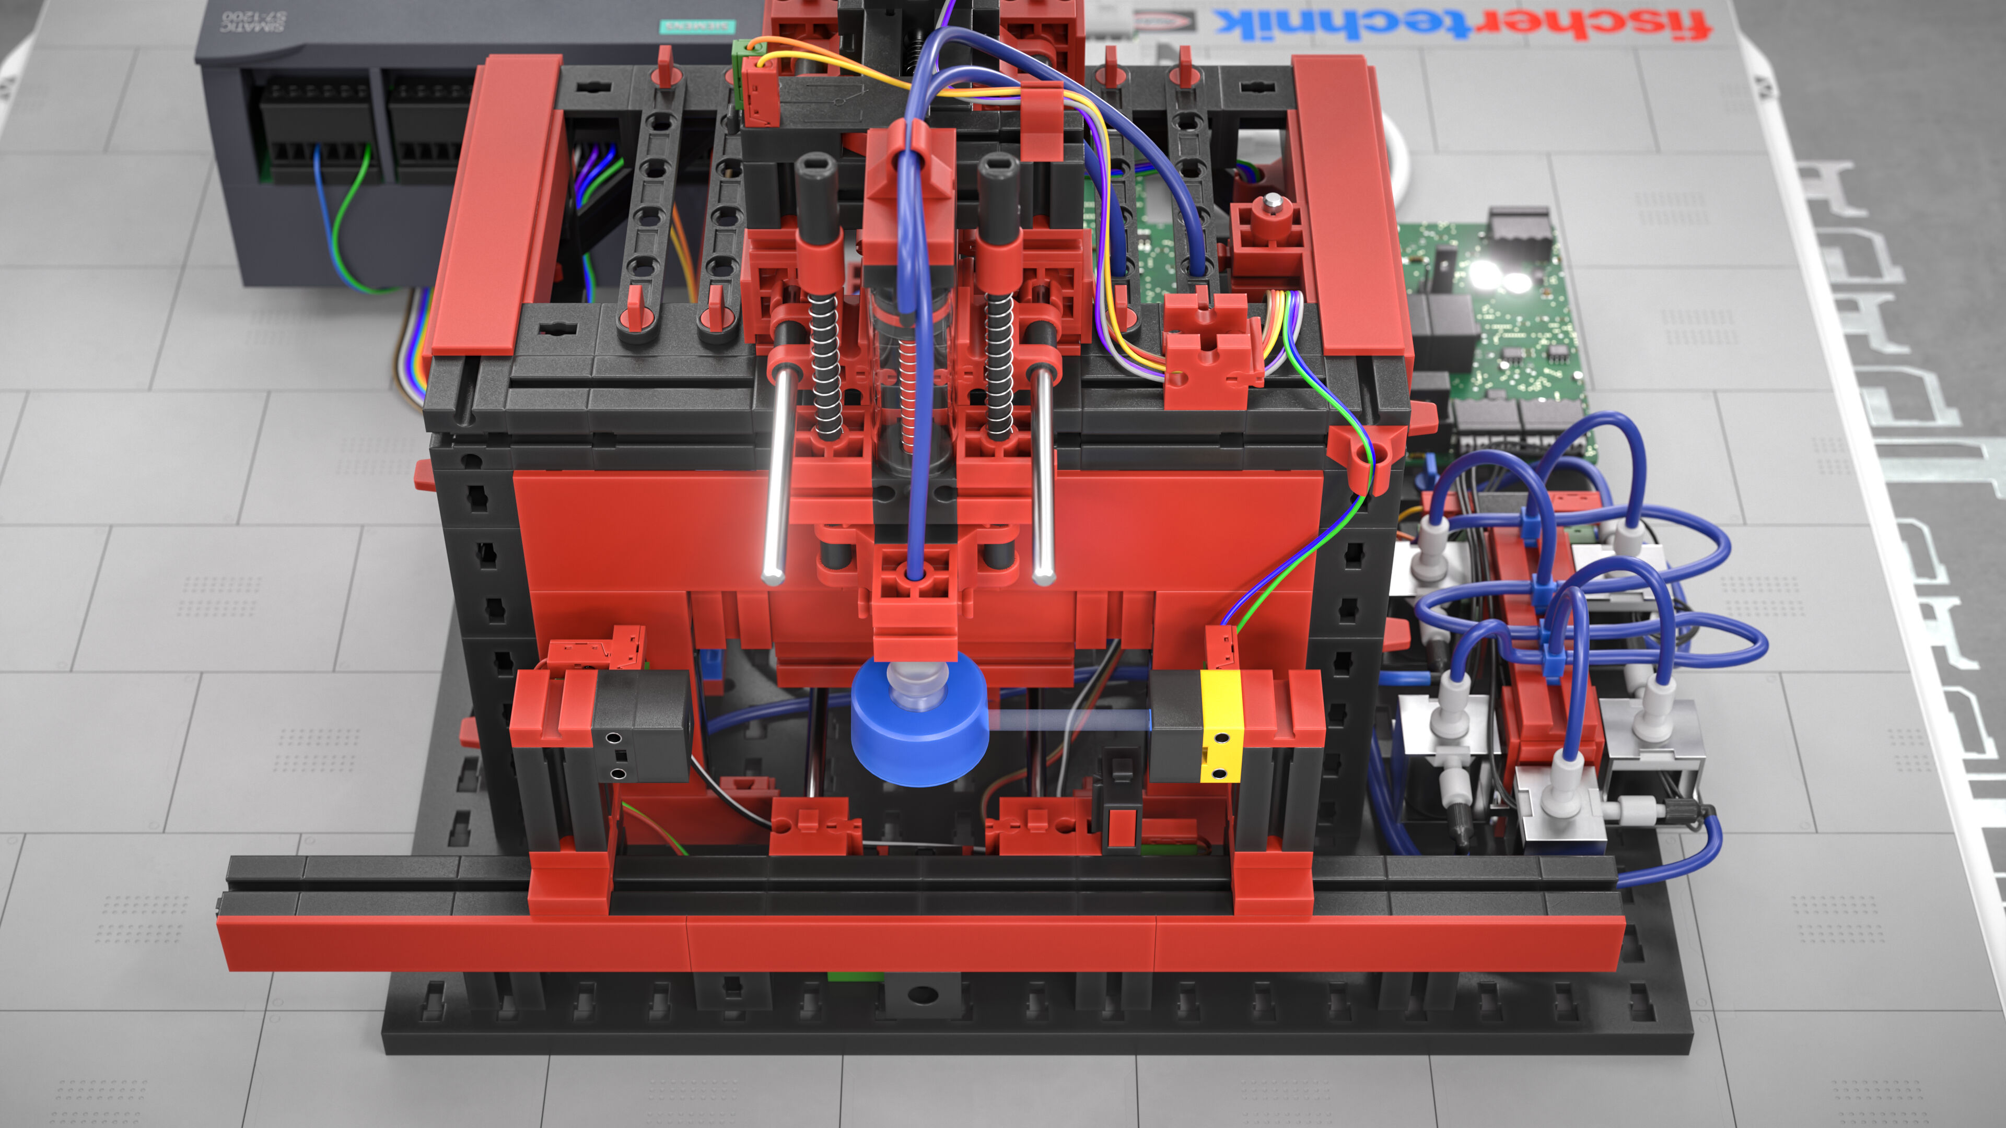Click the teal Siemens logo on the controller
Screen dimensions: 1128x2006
697,27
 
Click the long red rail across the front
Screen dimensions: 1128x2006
919,944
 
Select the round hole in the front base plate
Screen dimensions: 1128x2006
923,995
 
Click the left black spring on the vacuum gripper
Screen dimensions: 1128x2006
824,366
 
